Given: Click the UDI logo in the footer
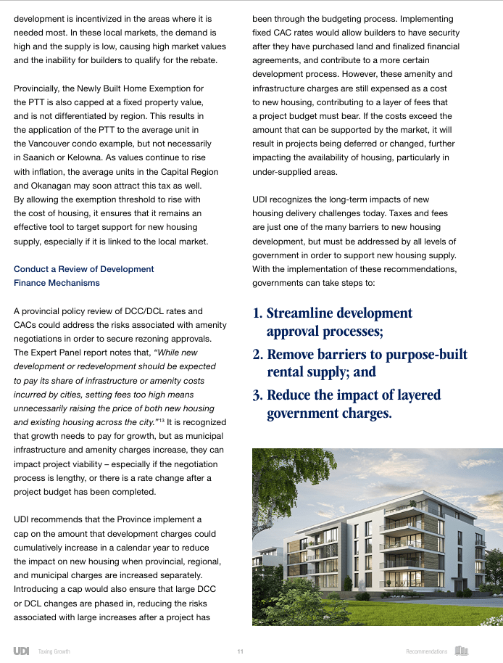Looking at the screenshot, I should point(21,651).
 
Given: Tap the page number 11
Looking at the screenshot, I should point(240,651).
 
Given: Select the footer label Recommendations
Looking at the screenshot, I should point(427,651).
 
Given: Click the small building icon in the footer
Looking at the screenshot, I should point(462,651).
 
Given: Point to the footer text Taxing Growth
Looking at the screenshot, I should point(54,651).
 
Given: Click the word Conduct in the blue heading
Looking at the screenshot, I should point(31,269).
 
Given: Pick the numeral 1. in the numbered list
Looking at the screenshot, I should point(257,314).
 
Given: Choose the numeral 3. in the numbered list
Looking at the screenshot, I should point(257,395).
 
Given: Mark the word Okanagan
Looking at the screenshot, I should point(41,186).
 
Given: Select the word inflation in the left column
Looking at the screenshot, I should point(50,171).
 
